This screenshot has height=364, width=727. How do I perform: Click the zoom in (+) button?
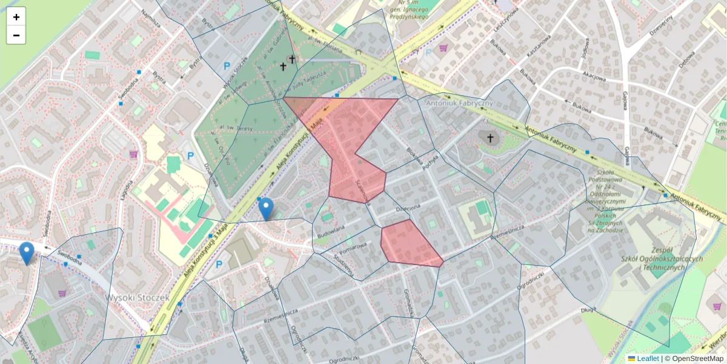(16, 17)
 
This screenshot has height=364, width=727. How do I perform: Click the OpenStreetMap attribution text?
(697, 359)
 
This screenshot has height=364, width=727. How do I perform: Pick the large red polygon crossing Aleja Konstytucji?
(351, 140)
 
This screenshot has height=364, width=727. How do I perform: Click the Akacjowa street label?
(594, 77)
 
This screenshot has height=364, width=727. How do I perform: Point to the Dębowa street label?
(686, 59)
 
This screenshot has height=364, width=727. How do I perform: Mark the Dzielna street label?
(408, 208)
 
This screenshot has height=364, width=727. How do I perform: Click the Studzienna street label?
(343, 255)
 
